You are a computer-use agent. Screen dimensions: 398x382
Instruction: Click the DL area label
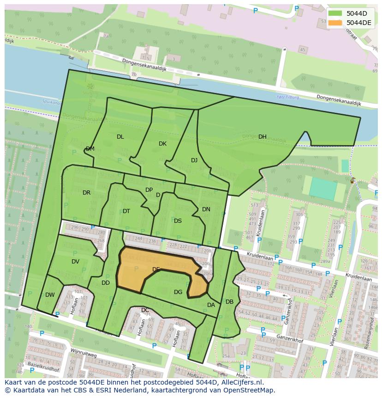point(120,137)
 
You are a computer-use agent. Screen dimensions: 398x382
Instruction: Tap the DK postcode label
point(162,144)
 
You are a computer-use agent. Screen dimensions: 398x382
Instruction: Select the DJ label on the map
point(194,160)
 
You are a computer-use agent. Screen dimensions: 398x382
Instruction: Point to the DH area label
point(262,137)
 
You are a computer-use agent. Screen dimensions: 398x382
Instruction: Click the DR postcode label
point(86,193)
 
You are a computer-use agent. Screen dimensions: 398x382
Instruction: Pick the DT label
point(126,211)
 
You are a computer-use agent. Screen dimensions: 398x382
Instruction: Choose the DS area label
point(178,221)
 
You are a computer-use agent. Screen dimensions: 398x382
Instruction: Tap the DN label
point(206,209)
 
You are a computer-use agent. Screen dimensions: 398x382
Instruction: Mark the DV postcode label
point(75,262)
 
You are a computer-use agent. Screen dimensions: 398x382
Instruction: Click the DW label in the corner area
point(50,295)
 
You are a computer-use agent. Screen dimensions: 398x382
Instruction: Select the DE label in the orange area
point(156,269)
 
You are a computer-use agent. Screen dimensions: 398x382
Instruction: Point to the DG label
point(178,292)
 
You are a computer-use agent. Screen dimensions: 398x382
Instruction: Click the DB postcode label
point(229,302)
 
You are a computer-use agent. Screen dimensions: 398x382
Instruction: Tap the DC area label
point(145,310)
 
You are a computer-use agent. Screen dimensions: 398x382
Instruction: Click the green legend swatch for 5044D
point(335,13)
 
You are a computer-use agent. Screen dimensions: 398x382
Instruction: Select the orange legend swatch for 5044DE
point(335,23)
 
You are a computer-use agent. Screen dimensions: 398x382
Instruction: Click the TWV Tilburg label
point(287,98)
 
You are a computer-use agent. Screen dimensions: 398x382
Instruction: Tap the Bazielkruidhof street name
point(43,367)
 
